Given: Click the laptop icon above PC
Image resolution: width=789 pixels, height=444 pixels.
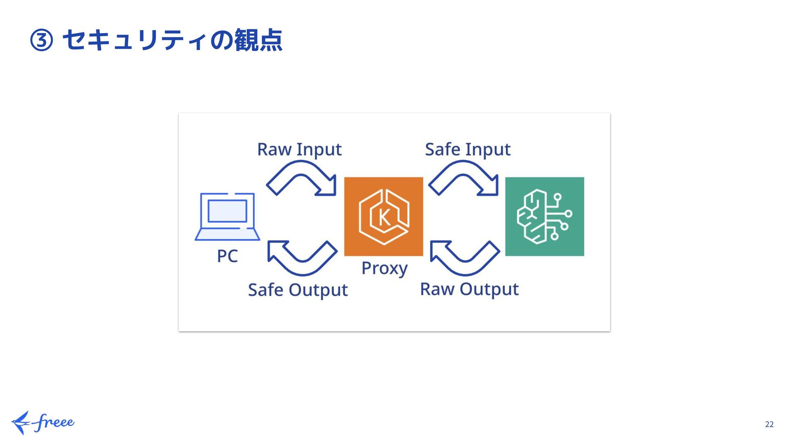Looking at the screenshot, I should click(227, 217).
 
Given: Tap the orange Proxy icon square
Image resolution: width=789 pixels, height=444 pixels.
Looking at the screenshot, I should click(383, 217).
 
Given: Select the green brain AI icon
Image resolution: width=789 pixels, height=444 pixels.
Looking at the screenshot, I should click(544, 217).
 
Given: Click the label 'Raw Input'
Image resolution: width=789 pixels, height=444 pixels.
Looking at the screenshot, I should click(299, 150).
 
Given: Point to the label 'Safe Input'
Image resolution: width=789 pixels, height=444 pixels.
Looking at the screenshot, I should click(468, 150).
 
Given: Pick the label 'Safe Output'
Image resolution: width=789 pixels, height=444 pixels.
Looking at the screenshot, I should click(298, 290).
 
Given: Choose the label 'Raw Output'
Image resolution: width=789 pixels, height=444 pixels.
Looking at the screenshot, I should click(469, 289).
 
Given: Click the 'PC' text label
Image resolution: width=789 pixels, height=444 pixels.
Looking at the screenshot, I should click(227, 256).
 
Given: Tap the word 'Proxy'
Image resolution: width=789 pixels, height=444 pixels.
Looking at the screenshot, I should click(384, 268).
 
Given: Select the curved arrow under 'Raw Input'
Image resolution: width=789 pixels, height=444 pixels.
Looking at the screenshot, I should click(302, 178).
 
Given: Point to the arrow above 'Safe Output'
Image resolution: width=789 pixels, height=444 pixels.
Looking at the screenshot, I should click(302, 258).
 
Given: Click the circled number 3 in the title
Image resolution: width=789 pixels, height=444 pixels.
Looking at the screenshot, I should click(42, 41).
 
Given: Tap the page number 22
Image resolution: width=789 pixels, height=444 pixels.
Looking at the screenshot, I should click(769, 424).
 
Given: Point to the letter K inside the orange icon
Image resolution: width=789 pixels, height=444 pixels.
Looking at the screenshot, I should click(385, 217).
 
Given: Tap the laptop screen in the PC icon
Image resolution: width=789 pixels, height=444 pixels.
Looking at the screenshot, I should click(227, 211).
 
